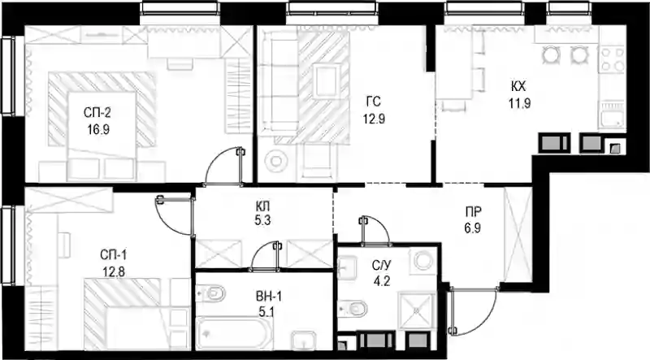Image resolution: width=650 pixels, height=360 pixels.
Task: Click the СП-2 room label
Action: point(97,112)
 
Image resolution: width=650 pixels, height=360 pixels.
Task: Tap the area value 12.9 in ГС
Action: point(374,119)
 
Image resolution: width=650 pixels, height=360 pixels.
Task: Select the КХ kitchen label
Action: point(518,86)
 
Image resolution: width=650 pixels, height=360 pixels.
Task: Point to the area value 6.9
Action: point(473,228)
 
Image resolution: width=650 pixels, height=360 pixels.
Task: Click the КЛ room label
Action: point(262,206)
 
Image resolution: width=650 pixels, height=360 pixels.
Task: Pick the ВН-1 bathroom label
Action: point(269,296)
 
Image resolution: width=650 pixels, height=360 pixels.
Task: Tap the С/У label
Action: point(381,266)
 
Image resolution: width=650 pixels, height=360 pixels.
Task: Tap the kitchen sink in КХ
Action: point(612,115)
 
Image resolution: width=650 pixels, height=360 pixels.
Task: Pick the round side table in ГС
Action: point(275,159)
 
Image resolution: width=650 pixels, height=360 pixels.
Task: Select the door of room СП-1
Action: point(174,215)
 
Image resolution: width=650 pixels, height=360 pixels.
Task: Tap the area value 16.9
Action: point(98,130)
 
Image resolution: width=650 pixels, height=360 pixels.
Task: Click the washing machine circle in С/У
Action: point(423,262)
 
